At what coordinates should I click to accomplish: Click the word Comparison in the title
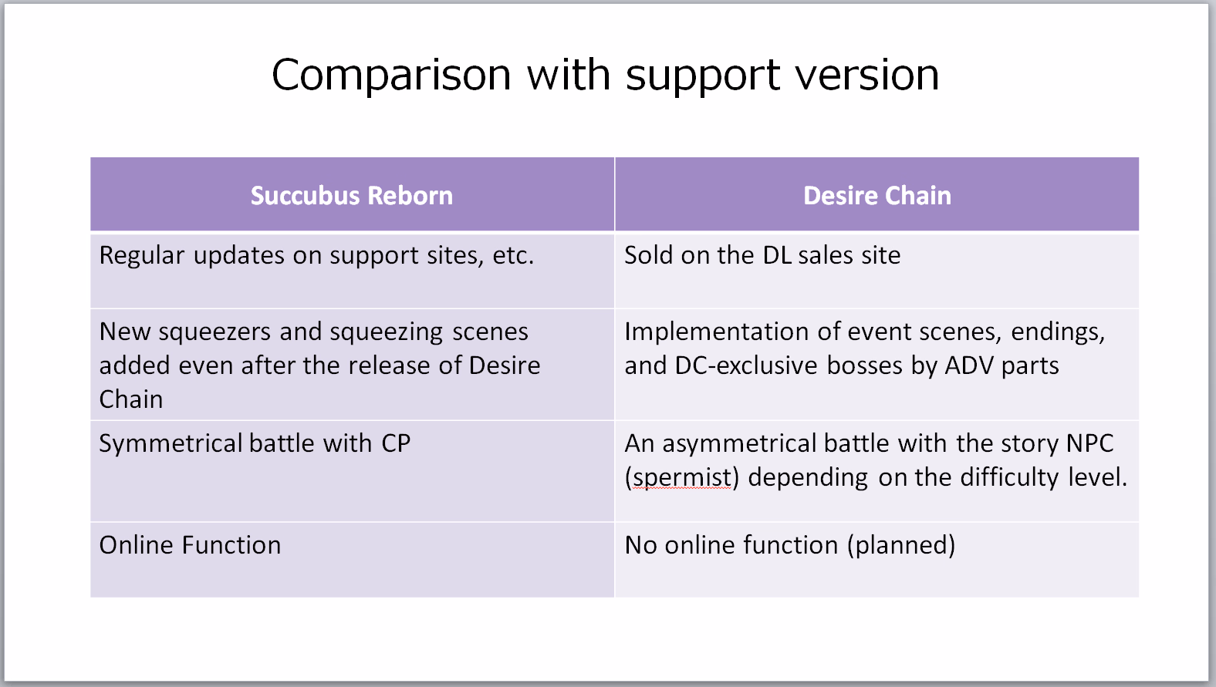391,76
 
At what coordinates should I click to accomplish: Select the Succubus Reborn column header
352,195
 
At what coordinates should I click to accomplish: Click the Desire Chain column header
877,195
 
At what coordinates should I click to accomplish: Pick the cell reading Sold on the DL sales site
877,271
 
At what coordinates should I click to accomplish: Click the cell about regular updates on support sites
353,271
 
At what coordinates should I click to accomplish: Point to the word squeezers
214,332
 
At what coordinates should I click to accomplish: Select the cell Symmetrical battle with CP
353,471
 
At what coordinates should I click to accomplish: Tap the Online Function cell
353,560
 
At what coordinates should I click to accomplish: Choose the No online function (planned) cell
877,560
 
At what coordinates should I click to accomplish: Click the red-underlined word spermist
682,478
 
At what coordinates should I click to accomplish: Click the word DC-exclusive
746,365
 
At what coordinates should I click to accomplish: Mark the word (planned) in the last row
901,545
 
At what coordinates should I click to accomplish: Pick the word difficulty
1010,478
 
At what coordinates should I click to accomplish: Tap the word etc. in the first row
514,256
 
